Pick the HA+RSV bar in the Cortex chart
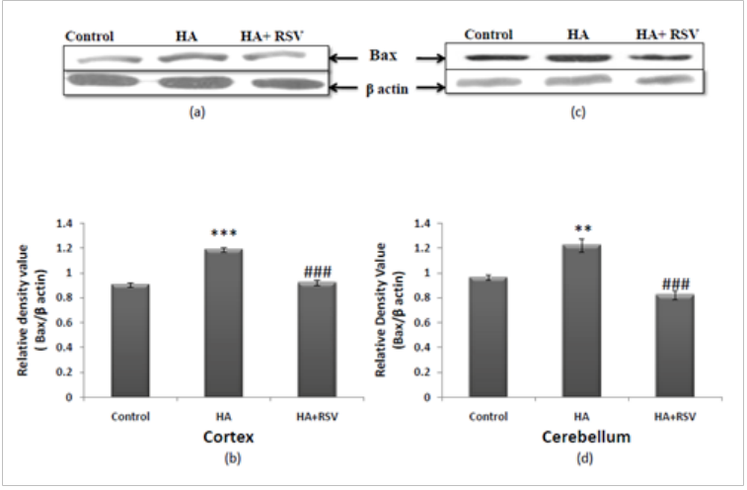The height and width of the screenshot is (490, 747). click(317, 340)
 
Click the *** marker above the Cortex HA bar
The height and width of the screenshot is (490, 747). click(229, 234)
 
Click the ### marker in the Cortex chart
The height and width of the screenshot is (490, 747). click(317, 271)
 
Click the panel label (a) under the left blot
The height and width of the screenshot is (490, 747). click(197, 113)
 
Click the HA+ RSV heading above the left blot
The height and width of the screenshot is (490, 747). click(272, 37)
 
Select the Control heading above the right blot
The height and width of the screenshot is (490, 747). click(488, 36)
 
